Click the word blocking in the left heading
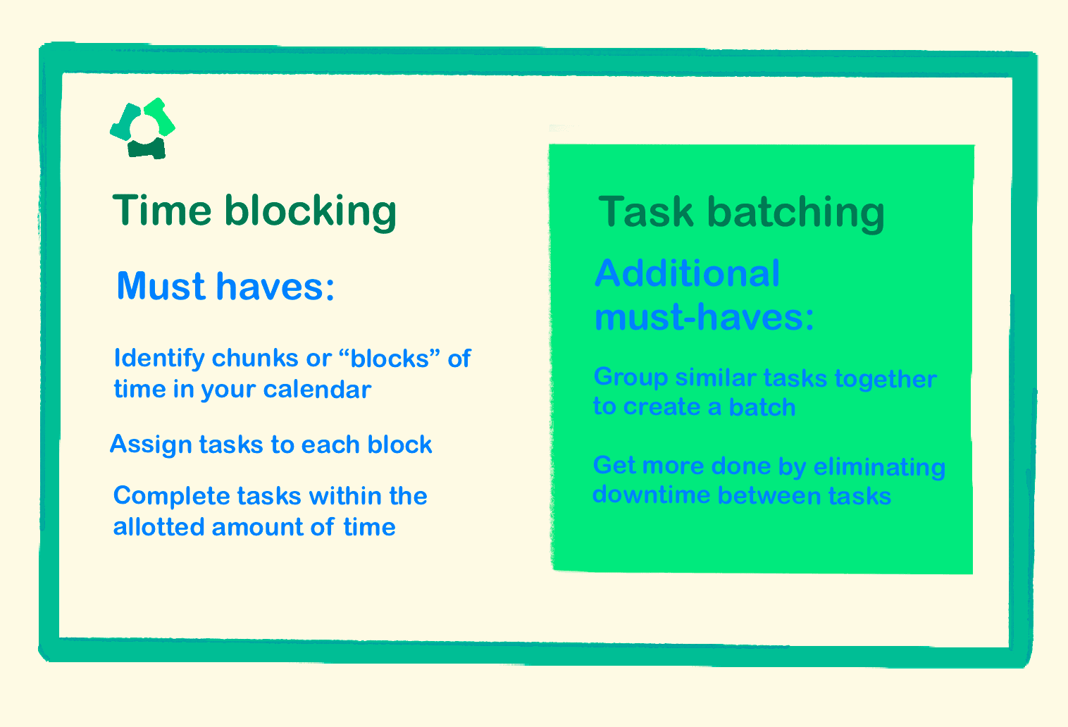click(311, 211)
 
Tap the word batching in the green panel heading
click(795, 212)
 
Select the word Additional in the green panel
click(688, 273)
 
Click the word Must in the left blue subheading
click(161, 286)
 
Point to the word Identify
click(159, 359)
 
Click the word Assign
click(151, 445)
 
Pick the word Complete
click(171, 496)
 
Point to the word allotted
click(159, 527)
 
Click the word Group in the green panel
click(631, 378)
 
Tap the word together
click(886, 379)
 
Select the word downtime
click(651, 495)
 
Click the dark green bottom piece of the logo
click(147, 149)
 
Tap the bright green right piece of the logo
click(161, 116)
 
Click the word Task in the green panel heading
click(645, 212)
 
